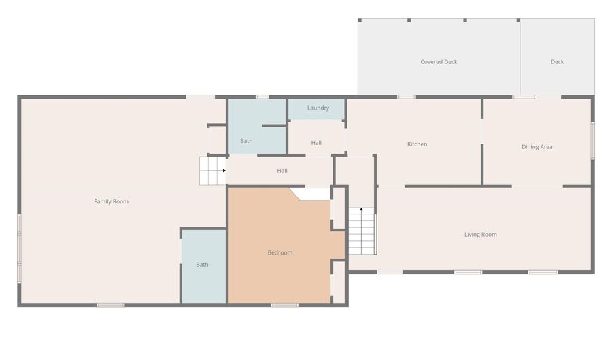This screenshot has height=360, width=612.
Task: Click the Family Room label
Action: [112, 201]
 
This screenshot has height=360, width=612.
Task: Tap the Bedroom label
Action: [280, 252]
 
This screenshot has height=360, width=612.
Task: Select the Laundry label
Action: [318, 108]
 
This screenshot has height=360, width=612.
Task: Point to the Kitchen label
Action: [418, 144]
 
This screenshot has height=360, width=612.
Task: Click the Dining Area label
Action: [537, 147]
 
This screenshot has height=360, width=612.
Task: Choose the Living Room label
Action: [481, 235]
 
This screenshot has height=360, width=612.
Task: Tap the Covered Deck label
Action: [439, 62]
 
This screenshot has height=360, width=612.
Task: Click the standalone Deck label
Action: [557, 62]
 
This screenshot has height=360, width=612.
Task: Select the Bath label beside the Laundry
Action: [246, 141]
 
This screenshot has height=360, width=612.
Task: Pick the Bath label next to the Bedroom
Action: [202, 265]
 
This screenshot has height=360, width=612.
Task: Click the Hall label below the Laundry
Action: [316, 143]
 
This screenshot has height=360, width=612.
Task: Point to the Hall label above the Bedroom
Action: [282, 171]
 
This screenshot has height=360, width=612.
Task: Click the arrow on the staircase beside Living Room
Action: [362, 231]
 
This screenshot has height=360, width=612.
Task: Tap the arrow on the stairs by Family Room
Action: [213, 171]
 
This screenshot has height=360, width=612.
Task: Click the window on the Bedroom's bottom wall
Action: [284, 305]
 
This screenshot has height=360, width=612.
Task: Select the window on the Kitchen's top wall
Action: [407, 97]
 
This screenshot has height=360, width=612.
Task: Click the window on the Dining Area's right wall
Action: [593, 141]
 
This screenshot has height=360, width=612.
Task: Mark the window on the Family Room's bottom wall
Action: [111, 305]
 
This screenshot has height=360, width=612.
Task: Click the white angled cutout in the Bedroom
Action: [311, 194]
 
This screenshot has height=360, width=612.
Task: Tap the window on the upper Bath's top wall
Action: [262, 97]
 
